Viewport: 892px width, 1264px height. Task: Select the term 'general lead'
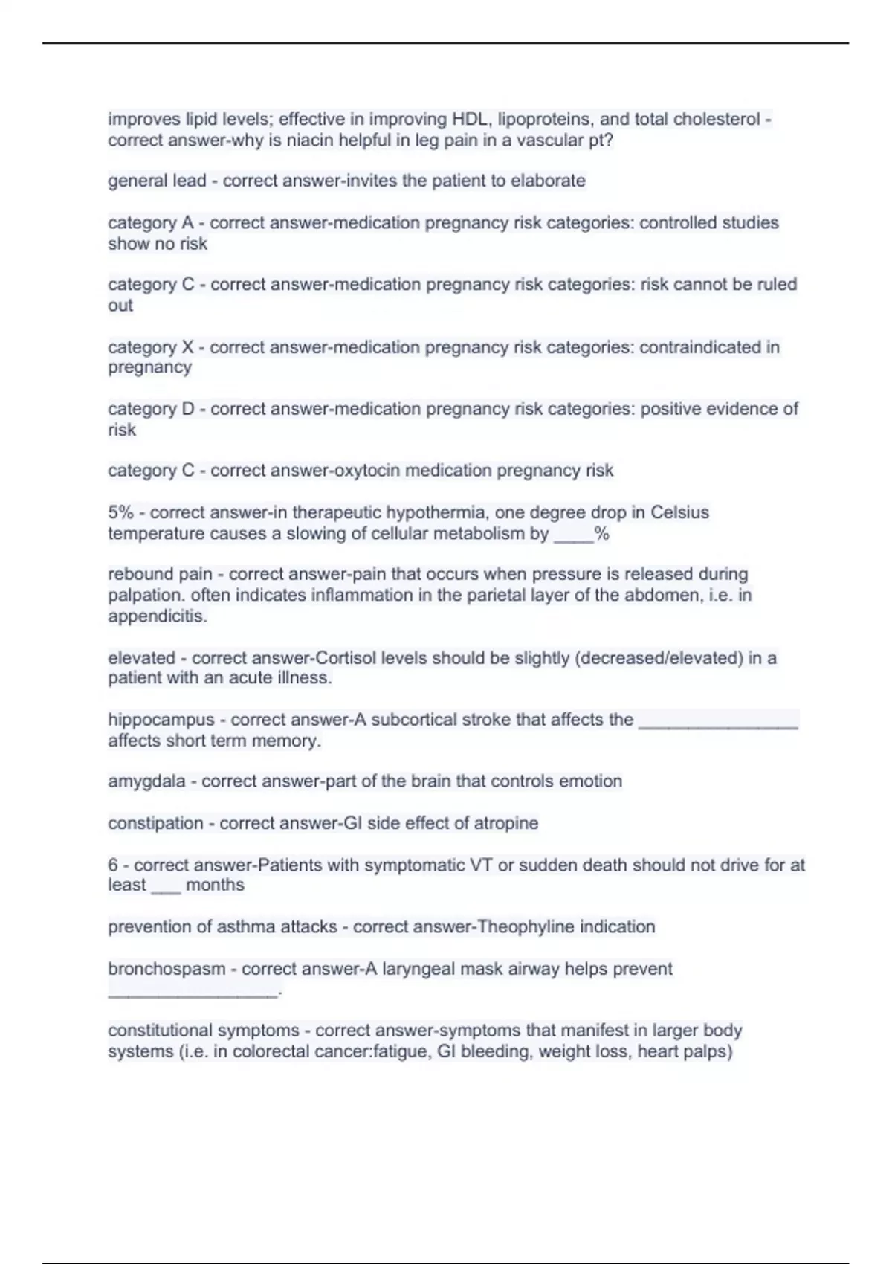[x=157, y=181]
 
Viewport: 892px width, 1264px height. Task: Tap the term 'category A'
[x=150, y=222]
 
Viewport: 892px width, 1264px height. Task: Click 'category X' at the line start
[x=150, y=346]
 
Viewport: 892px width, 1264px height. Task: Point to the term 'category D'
[x=151, y=408]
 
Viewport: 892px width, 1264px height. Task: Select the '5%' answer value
[x=120, y=512]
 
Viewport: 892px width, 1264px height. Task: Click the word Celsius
[x=679, y=512]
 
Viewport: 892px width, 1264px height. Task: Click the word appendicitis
[x=157, y=616]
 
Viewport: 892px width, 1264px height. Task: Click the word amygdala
[x=146, y=781]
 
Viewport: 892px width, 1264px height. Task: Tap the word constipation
[x=155, y=823]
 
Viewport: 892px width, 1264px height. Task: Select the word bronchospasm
[x=167, y=969]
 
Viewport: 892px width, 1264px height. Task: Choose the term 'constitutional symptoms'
[x=203, y=1031]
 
